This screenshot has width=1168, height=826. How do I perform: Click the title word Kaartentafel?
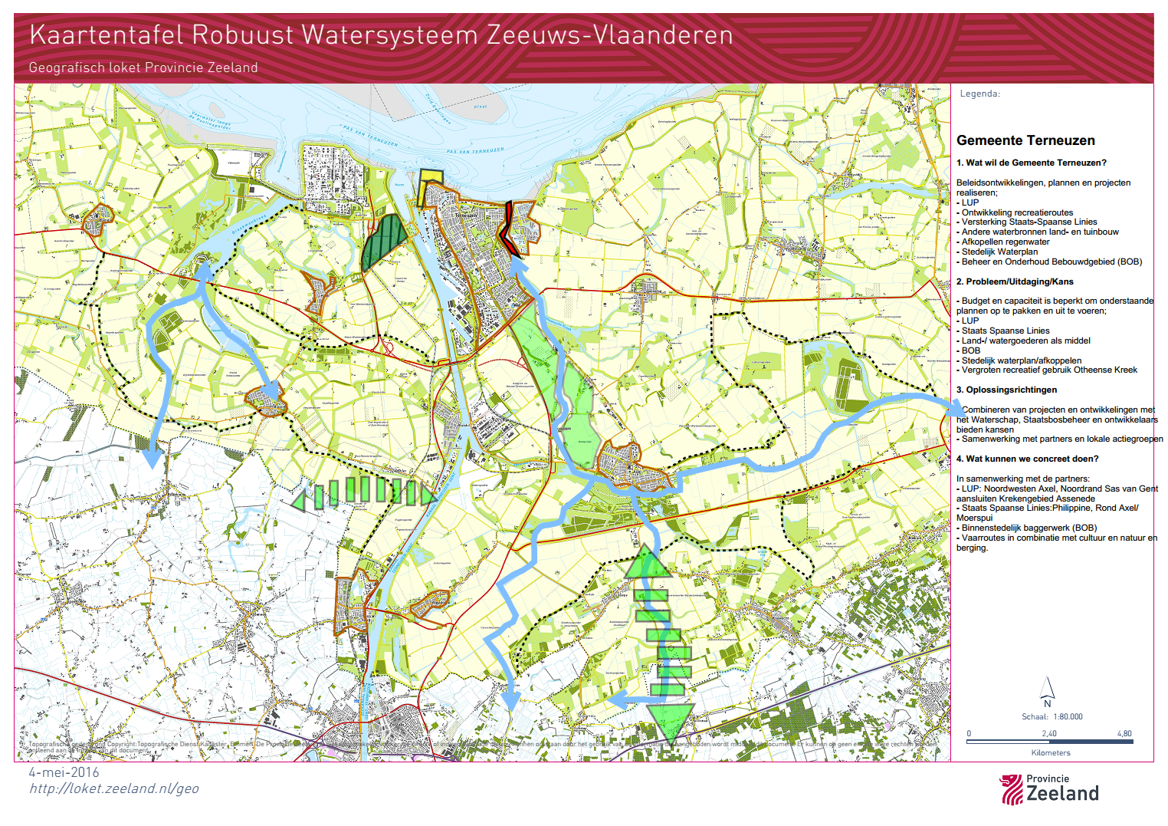[x=107, y=35]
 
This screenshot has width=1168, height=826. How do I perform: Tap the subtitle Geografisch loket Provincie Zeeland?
[x=143, y=67]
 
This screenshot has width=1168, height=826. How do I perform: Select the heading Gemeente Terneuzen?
[x=1025, y=140]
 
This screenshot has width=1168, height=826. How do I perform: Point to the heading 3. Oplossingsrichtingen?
[x=1006, y=390]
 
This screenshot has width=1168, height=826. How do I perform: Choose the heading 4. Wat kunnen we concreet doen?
[x=1027, y=459]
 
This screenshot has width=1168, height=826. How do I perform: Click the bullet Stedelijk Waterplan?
[x=999, y=252]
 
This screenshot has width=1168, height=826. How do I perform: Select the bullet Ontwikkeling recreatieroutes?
[x=1017, y=212]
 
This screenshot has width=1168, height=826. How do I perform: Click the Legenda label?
[x=979, y=94]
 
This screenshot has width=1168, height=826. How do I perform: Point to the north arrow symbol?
[x=1047, y=689]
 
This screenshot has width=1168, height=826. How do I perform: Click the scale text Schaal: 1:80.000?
[x=1052, y=716]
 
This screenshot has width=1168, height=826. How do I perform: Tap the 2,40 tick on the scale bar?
[x=1048, y=734]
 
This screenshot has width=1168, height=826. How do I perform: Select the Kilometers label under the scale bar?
[x=1051, y=752]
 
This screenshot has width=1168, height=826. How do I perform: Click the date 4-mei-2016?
[x=64, y=772]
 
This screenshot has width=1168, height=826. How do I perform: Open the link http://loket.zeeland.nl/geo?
[x=113, y=788]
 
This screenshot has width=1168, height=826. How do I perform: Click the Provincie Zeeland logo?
[x=1049, y=789]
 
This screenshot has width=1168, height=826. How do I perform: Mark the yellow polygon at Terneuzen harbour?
[x=429, y=186]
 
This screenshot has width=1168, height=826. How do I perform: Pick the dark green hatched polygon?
[x=383, y=242]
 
